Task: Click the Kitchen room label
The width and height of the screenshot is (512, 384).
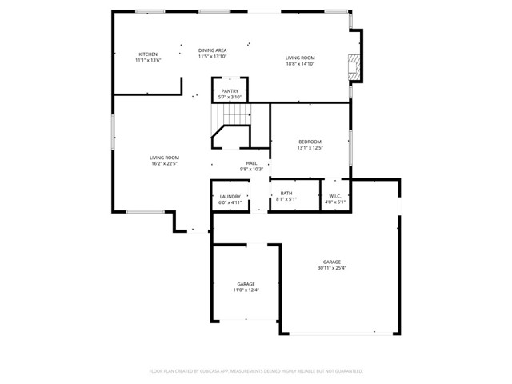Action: coord(149,54)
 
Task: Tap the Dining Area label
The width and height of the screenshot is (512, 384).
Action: coord(213,50)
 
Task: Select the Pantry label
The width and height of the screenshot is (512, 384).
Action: coord(230,92)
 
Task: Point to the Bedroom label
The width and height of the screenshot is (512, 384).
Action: coord(310,142)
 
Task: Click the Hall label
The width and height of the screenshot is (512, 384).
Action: coord(251,163)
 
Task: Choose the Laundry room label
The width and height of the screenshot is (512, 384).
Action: coord(230,198)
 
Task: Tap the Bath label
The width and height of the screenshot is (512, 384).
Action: coord(286,194)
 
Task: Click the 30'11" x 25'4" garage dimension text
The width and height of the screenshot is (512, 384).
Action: coord(333,268)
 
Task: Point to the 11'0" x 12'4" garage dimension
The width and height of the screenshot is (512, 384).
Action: coord(246,290)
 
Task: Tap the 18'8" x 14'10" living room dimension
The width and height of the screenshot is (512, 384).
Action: coord(301,63)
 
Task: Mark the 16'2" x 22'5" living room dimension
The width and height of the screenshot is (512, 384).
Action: coord(165,164)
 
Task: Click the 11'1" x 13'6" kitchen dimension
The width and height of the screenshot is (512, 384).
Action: coord(149,60)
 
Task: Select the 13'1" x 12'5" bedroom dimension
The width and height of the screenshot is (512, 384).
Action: coord(310,147)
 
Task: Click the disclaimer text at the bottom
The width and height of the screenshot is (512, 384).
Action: coord(256,371)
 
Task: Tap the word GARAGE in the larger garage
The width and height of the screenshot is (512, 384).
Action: coord(332,262)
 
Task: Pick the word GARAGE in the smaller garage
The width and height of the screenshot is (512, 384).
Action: coord(246,284)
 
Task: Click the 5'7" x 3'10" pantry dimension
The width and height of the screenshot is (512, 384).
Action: coord(230,98)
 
